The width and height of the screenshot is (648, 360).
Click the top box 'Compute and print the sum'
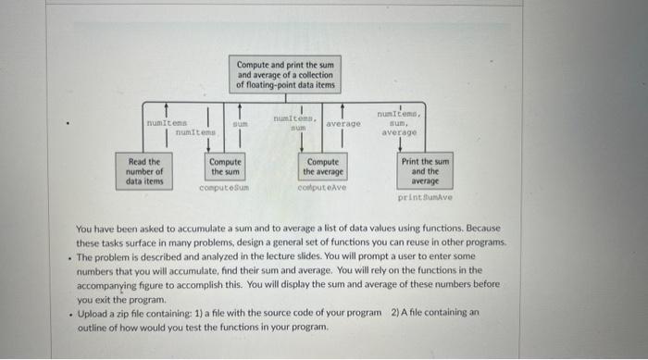click(x=286, y=75)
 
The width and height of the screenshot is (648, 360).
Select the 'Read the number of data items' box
click(x=145, y=171)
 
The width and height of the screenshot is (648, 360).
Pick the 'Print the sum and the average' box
click(x=425, y=170)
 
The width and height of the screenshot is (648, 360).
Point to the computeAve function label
click(x=323, y=187)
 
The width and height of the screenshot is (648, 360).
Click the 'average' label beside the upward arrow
click(x=343, y=123)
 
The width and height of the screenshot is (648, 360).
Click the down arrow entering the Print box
click(x=400, y=145)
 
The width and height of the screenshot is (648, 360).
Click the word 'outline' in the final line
click(x=93, y=327)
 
